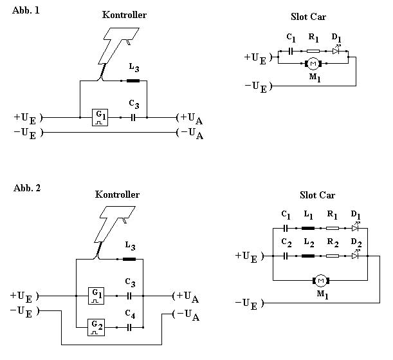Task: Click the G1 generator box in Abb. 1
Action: click(100, 117)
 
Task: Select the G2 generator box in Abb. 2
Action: click(96, 327)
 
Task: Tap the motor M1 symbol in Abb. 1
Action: click(313, 64)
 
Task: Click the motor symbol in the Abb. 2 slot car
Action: click(321, 281)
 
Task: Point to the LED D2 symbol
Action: click(356, 255)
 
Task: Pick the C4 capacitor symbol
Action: click(129, 327)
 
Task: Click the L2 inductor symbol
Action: click(308, 256)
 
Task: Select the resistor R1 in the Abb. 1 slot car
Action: click(313, 51)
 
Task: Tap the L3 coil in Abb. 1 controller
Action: click(133, 81)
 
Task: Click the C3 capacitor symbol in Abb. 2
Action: click(129, 296)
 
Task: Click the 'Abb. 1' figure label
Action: click(26, 10)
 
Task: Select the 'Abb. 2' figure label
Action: click(27, 188)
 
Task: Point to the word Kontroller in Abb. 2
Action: click(117, 194)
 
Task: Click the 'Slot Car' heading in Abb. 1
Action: click(309, 17)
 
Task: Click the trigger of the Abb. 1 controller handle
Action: click(129, 42)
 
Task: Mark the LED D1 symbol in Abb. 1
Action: click(336, 50)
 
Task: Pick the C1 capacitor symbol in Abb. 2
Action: click(286, 228)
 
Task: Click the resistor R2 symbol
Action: click(333, 256)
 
